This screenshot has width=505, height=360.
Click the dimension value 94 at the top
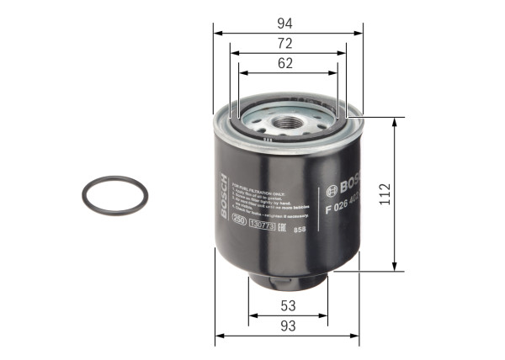(287, 23)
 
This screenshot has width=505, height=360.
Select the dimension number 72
(287, 42)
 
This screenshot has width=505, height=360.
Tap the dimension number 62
(287, 61)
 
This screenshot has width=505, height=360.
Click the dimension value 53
(287, 305)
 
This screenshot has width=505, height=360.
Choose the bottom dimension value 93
(287, 325)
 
